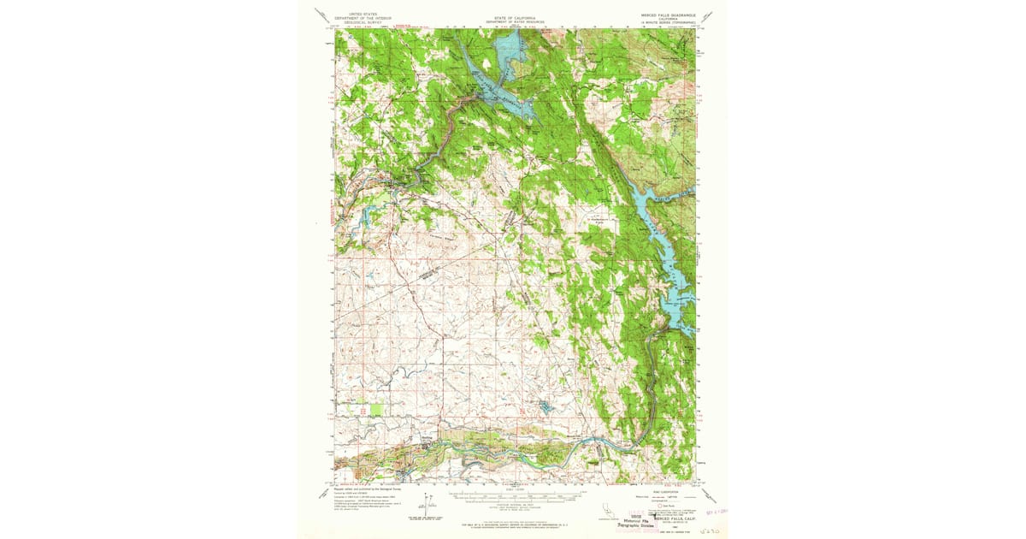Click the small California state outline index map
coord(608,512)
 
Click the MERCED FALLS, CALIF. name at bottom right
coord(675,518)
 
